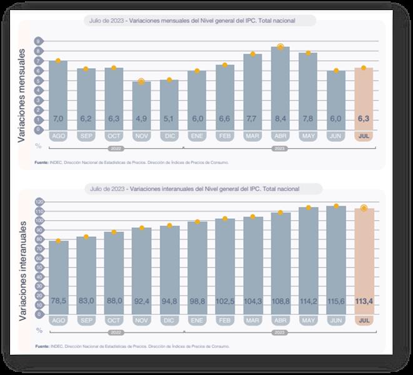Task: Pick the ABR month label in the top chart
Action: point(280,135)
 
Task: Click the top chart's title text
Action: point(201,21)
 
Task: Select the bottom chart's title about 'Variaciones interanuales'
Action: point(201,187)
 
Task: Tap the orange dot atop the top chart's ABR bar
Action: point(281,47)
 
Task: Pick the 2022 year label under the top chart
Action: point(115,148)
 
